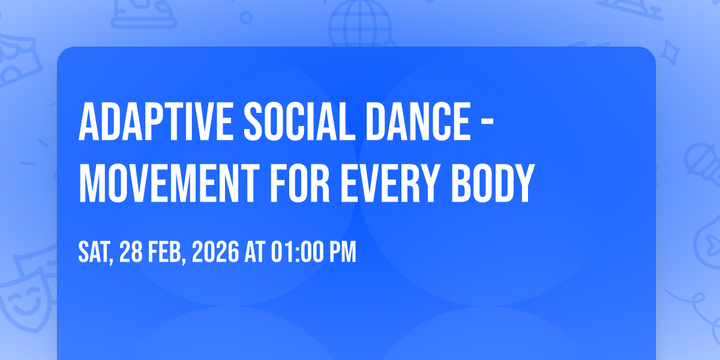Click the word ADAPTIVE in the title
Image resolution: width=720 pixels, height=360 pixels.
[x=155, y=121]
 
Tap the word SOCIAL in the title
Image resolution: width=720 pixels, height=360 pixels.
[x=299, y=121]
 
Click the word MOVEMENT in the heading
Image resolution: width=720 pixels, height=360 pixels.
[x=169, y=183]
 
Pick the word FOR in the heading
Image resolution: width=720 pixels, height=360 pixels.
[x=300, y=183]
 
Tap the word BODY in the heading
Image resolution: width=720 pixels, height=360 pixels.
[x=493, y=183]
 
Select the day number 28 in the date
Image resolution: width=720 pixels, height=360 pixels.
[x=131, y=251]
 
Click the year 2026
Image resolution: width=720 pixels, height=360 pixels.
[x=215, y=251]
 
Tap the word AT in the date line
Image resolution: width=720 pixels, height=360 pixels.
[x=255, y=251]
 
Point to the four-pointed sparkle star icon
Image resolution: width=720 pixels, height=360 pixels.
[x=669, y=53]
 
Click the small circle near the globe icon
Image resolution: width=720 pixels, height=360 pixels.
[x=246, y=17]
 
